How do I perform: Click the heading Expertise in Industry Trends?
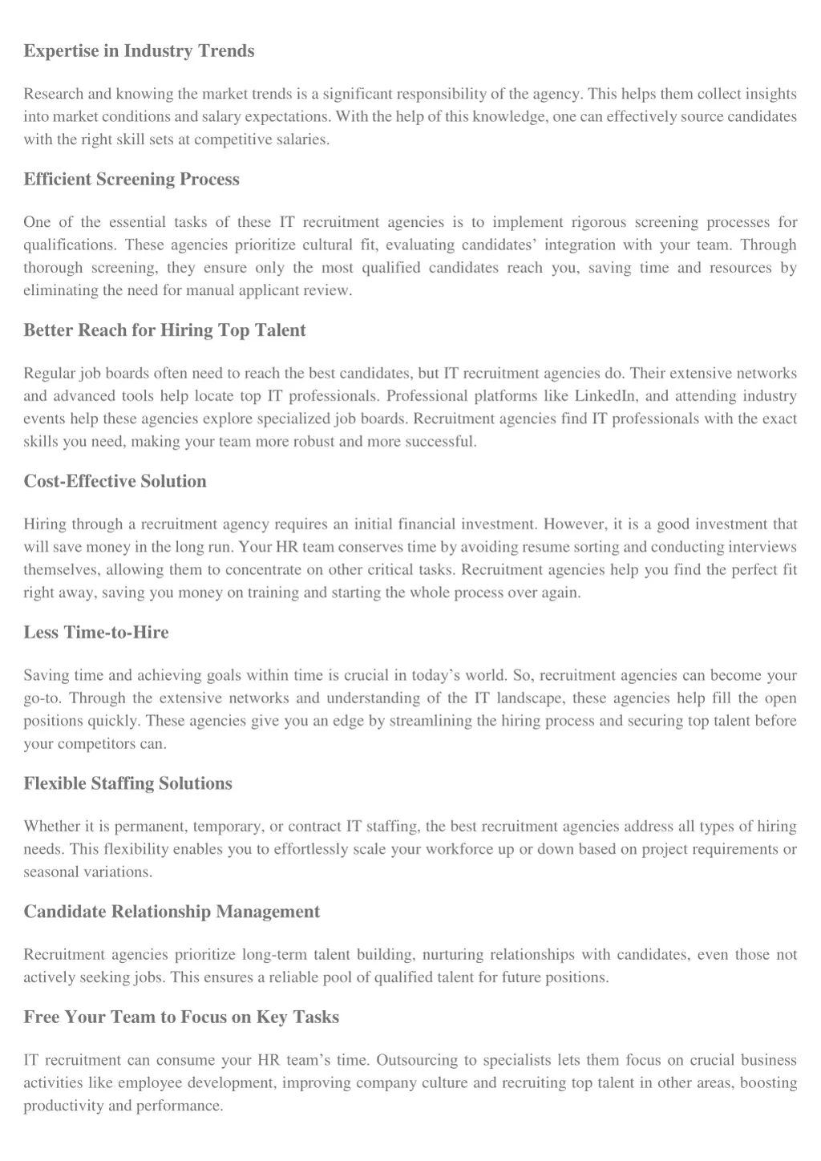pyautogui.click(x=139, y=51)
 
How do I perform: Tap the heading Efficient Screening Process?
pyautogui.click(x=131, y=180)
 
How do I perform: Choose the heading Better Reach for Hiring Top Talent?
pyautogui.click(x=164, y=330)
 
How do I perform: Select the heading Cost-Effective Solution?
pyautogui.click(x=115, y=482)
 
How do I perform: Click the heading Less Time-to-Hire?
pyautogui.click(x=96, y=633)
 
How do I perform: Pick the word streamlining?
pyautogui.click(x=431, y=721)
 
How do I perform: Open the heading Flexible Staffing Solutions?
pyautogui.click(x=127, y=784)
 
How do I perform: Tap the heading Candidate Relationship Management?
pyautogui.click(x=172, y=912)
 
